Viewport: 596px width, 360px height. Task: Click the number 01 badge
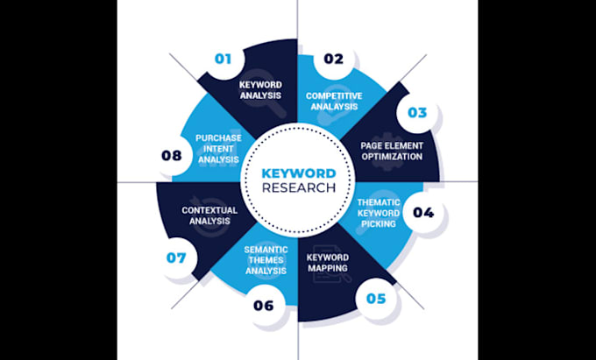click(223, 59)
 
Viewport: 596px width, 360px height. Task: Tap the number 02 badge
click(333, 59)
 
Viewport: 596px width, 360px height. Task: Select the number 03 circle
click(417, 113)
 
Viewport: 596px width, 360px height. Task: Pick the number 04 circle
click(423, 212)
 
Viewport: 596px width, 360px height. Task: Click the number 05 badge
click(375, 299)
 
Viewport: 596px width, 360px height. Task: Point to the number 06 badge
click(264, 306)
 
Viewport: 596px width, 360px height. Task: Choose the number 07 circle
click(176, 258)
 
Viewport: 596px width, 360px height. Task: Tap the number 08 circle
click(172, 156)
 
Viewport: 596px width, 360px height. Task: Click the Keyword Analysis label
click(260, 90)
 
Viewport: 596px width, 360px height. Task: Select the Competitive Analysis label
click(334, 102)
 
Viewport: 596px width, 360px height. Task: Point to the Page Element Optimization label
click(392, 152)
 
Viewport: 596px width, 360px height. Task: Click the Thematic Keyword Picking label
click(379, 213)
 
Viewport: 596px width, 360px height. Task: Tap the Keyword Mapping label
click(328, 263)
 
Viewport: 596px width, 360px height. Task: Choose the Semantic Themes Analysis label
click(266, 260)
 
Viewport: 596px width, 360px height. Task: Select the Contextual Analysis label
click(209, 215)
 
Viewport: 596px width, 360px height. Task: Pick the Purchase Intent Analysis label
click(218, 149)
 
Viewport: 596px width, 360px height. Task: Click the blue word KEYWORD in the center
click(299, 173)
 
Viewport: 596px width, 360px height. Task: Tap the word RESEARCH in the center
click(299, 187)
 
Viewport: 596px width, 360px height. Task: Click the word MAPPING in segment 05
click(328, 268)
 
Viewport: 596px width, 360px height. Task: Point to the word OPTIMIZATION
click(392, 157)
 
